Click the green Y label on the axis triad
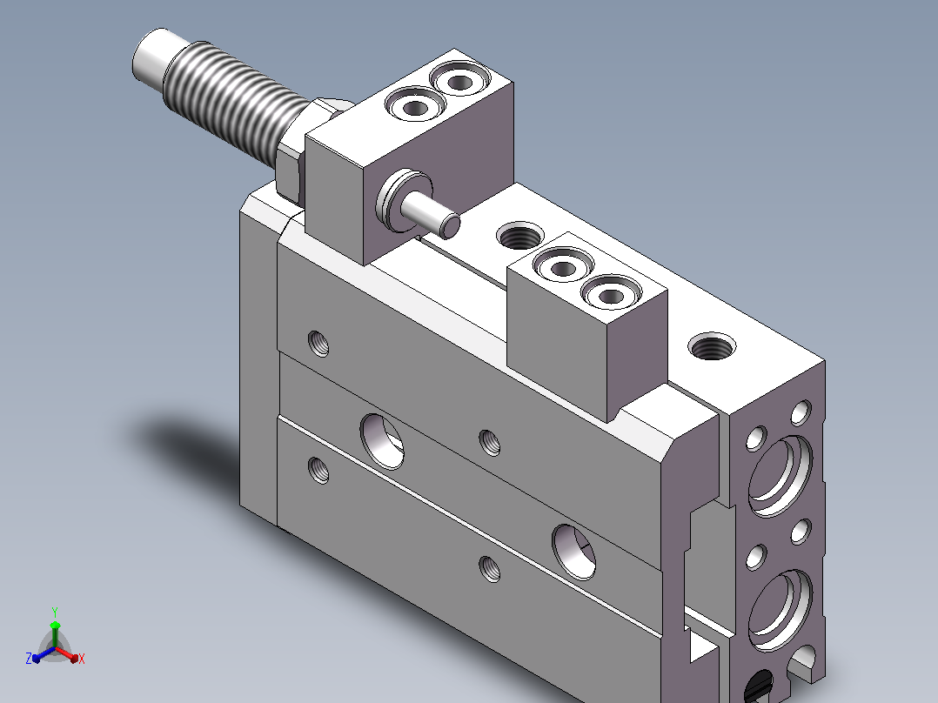[55, 612]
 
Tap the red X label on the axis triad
[82, 659]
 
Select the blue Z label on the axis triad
[29, 658]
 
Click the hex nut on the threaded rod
[299, 150]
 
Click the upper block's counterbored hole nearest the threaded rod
[415, 105]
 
